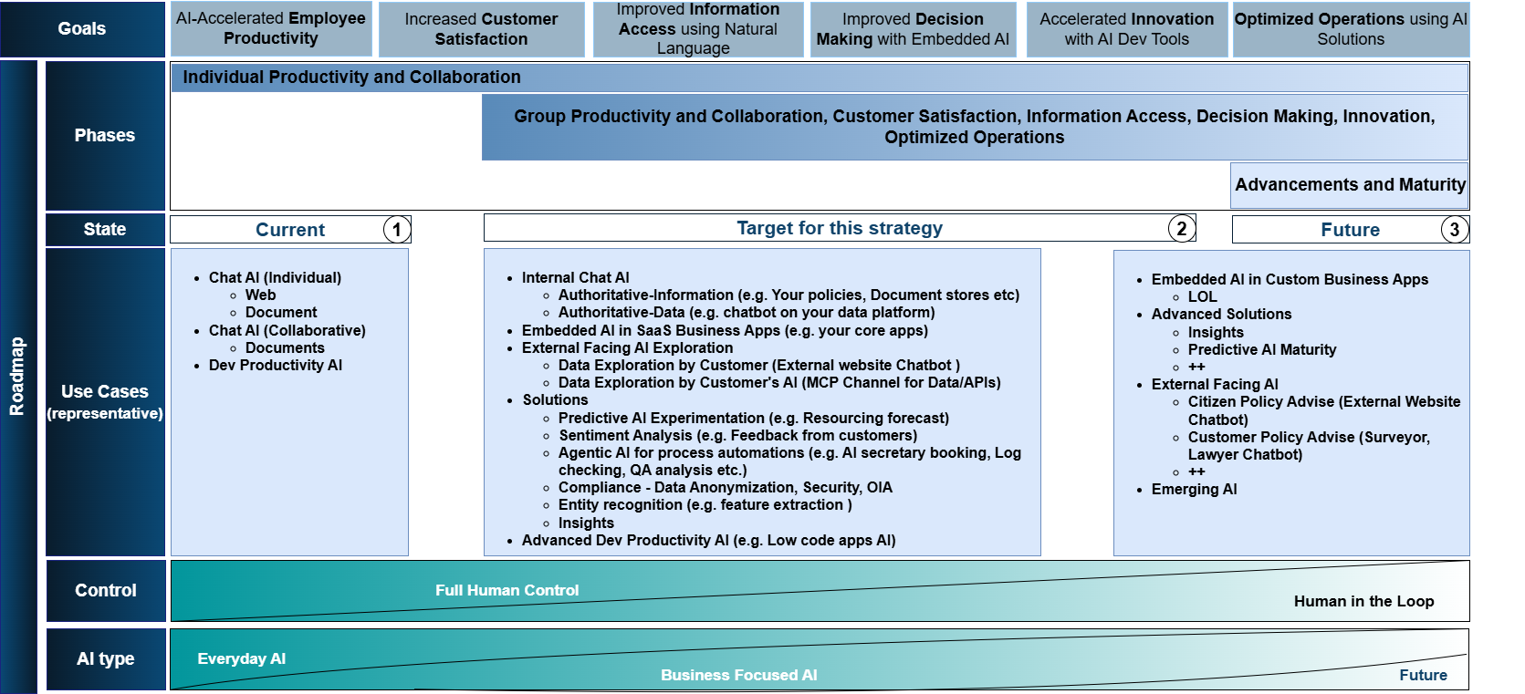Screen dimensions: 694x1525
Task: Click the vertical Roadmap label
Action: click(x=17, y=377)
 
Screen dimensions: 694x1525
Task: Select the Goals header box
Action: click(x=82, y=29)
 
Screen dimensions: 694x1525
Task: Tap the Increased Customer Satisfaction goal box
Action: click(x=481, y=29)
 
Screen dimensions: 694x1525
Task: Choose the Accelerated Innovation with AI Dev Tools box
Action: click(x=1126, y=29)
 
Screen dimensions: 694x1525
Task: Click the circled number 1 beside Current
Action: click(x=396, y=229)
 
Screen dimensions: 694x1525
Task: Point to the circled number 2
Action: click(x=1181, y=228)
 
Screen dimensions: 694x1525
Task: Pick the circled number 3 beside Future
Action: click(x=1454, y=229)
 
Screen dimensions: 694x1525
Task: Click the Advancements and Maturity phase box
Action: click(x=1350, y=185)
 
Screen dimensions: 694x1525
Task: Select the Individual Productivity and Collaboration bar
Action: click(x=351, y=78)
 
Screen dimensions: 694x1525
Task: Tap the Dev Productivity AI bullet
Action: click(x=275, y=365)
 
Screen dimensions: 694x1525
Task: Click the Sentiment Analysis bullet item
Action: click(x=737, y=435)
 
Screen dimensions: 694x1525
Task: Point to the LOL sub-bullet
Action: click(x=1202, y=296)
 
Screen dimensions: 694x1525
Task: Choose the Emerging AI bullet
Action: click(x=1194, y=489)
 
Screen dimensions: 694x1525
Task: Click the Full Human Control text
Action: click(x=507, y=590)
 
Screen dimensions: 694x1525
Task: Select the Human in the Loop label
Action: click(x=1363, y=601)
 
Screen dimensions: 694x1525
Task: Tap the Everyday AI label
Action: click(x=241, y=658)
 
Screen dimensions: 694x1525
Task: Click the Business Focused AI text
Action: click(x=738, y=675)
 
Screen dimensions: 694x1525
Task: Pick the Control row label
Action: click(x=106, y=590)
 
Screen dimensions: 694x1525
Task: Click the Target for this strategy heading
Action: click(x=839, y=228)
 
